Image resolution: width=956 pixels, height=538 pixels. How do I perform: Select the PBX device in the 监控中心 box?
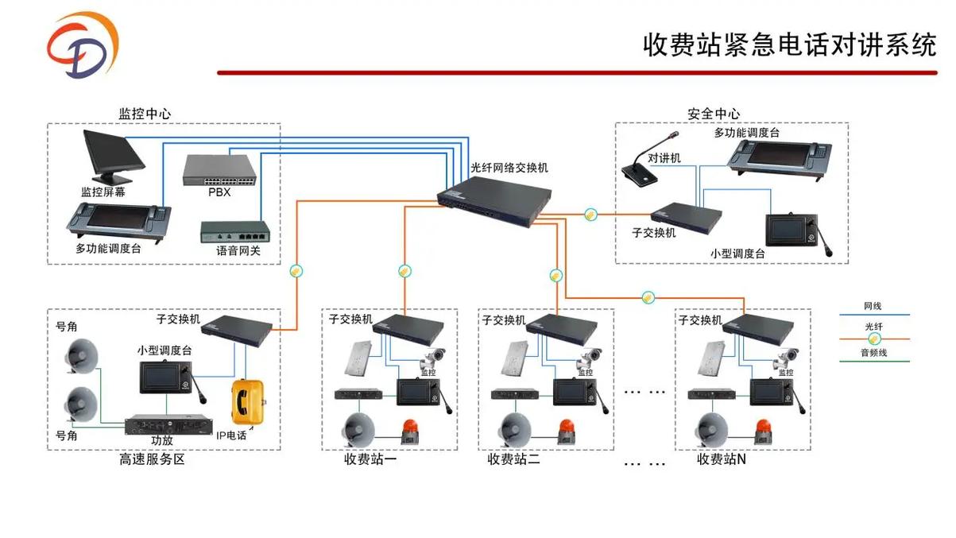219,170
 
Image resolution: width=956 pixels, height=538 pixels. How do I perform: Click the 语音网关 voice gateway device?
234,232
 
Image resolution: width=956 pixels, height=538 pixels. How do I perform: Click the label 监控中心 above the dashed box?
145,114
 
